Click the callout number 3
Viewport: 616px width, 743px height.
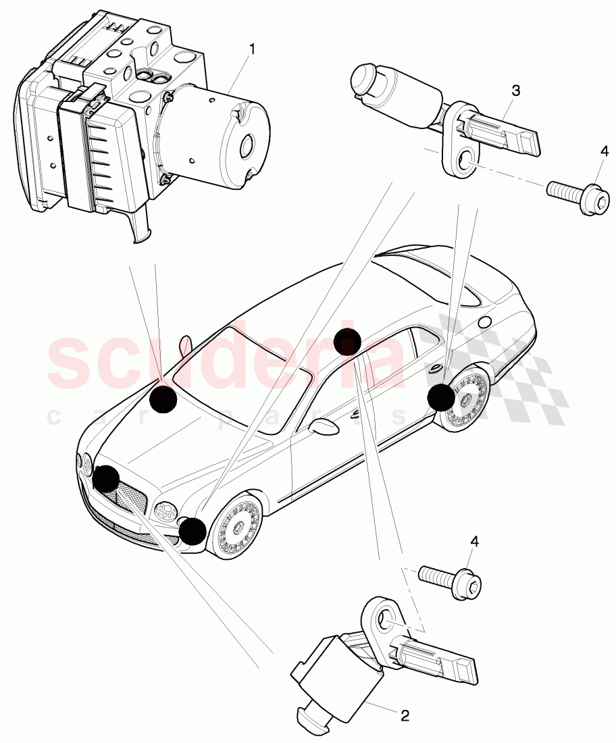tap(515, 90)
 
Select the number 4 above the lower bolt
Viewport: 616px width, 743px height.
tap(475, 541)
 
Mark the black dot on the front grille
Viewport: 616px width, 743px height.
tap(107, 479)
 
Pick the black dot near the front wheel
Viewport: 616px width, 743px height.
tap(192, 531)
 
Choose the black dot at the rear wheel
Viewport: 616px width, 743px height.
tap(441, 397)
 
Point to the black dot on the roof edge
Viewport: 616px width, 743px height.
tap(347, 342)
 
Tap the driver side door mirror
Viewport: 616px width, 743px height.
tap(324, 427)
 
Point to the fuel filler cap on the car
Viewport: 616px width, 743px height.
tap(483, 322)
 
